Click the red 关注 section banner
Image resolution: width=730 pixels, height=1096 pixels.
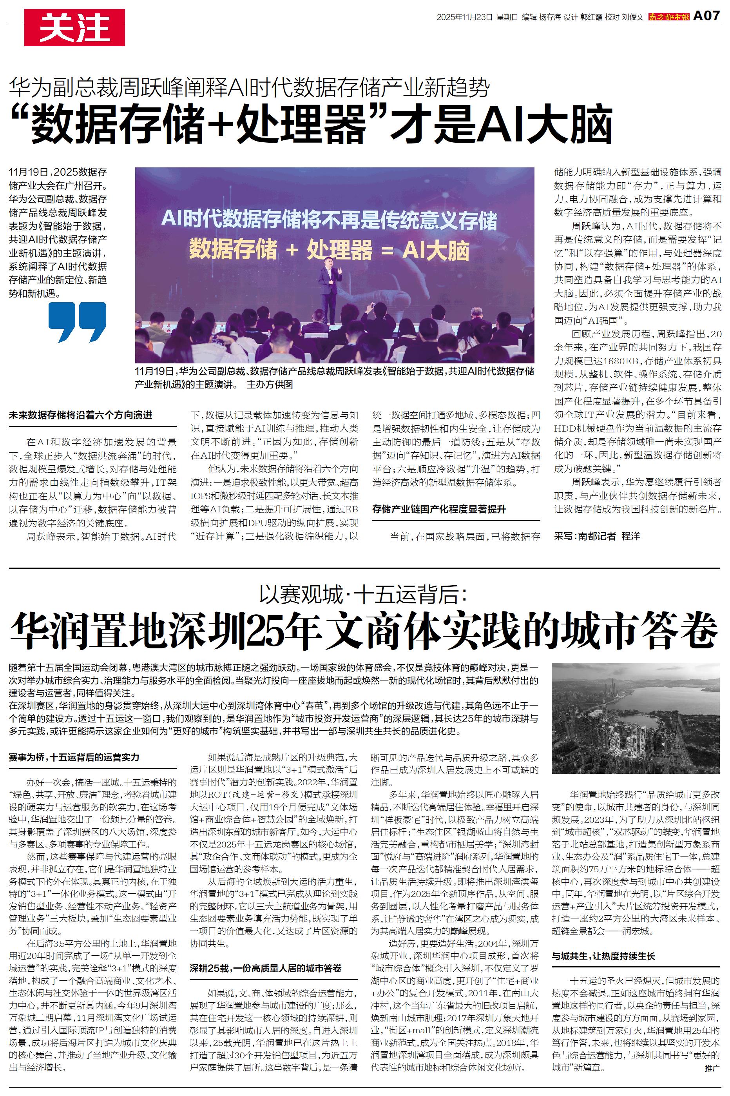coord(74,28)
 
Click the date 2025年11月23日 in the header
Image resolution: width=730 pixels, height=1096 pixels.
coord(464,17)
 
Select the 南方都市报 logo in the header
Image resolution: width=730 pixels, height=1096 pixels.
coord(669,17)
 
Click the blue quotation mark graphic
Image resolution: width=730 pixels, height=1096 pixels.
coord(77,322)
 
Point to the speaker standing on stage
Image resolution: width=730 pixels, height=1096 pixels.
coord(330,293)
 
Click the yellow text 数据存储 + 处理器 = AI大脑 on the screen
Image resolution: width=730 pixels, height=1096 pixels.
coord(329,250)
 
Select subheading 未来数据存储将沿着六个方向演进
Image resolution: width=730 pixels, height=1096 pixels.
coord(81,415)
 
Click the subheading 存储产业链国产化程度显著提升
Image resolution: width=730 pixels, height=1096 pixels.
coord(438,509)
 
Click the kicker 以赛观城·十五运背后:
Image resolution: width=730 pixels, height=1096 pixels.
coord(364,595)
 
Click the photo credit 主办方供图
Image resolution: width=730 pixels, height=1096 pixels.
coord(270,385)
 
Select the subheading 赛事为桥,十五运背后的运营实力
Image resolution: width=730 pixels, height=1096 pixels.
coord(74,757)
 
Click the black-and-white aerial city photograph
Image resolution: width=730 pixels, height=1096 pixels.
coord(636,717)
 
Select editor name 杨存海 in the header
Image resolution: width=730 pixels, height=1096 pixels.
coord(550,17)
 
